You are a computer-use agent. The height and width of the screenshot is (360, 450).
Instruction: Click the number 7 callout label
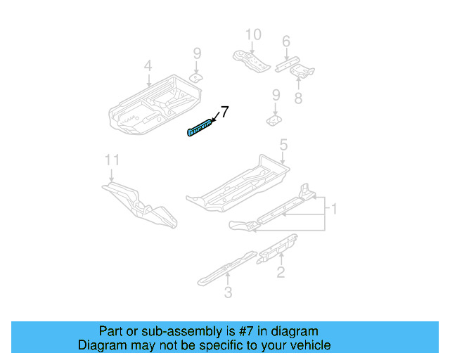[224, 111]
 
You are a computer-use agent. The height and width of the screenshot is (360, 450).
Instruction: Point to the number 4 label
[148, 66]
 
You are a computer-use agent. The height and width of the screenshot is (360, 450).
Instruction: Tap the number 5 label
[283, 146]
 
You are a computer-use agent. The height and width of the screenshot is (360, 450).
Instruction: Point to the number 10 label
[252, 34]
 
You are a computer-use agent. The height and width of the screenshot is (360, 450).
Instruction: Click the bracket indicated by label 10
[250, 60]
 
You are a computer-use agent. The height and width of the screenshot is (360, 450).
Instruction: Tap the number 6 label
[285, 42]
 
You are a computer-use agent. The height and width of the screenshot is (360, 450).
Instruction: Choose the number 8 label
[298, 98]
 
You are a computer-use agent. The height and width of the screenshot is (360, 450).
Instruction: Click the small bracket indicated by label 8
[302, 70]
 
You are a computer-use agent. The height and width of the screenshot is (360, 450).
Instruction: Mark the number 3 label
[228, 292]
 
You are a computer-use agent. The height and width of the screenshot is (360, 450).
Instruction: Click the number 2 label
[281, 272]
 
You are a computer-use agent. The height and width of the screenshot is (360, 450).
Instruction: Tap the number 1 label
[335, 209]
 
